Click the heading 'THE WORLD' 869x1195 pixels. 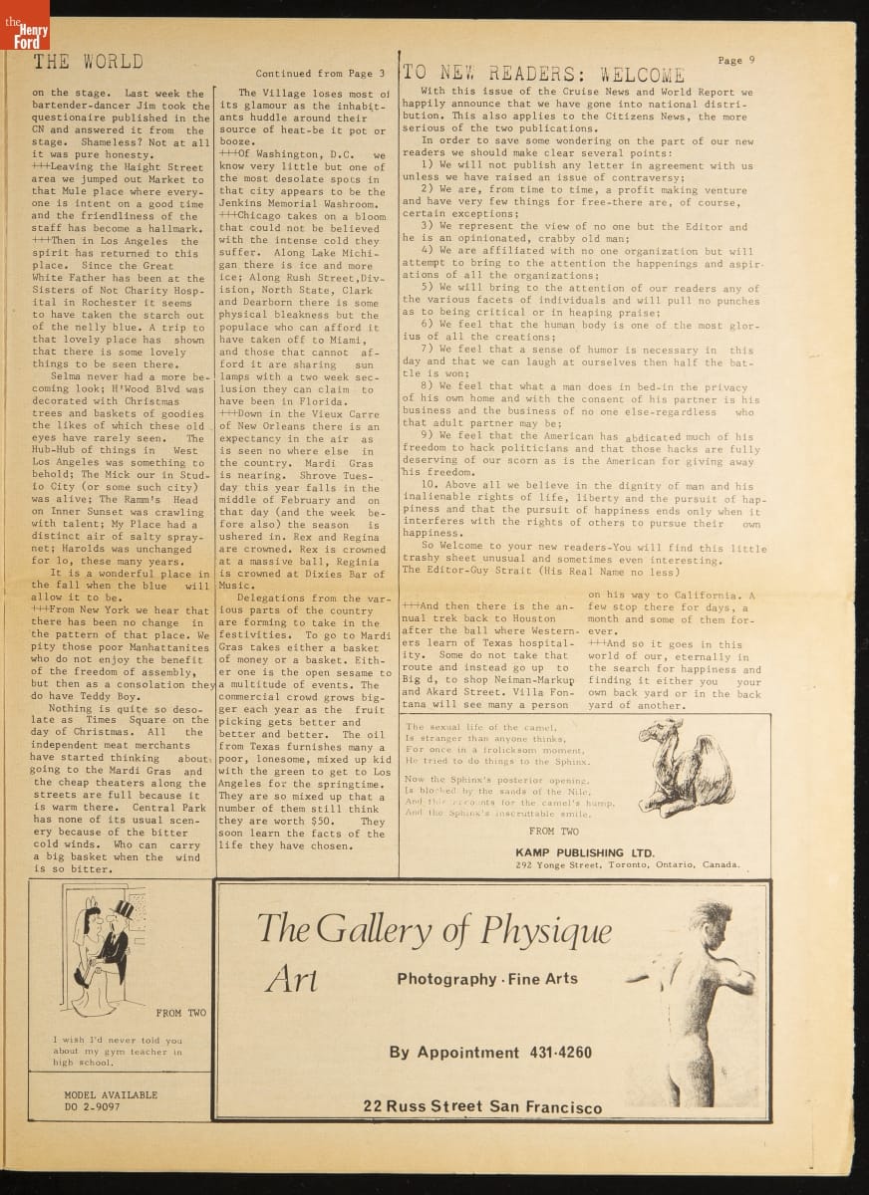coord(88,62)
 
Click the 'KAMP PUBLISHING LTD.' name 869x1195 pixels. coord(585,852)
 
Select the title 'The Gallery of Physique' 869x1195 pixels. coord(434,929)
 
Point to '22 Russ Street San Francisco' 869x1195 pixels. coord(482,1107)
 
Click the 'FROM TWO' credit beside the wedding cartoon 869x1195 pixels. coord(181,1013)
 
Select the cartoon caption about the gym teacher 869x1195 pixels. coord(118,1051)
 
